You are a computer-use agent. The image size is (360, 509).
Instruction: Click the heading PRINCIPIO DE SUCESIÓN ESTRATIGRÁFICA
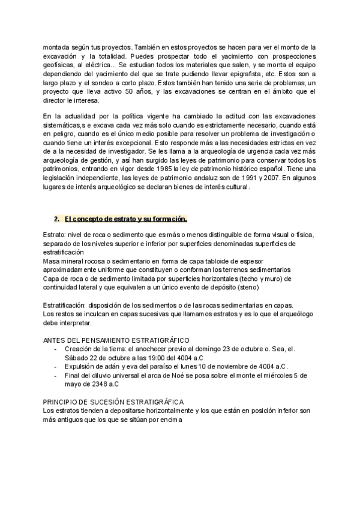tap(113, 402)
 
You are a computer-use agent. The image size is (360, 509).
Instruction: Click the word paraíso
tap(166, 366)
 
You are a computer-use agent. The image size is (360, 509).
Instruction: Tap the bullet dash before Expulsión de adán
tap(56, 366)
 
